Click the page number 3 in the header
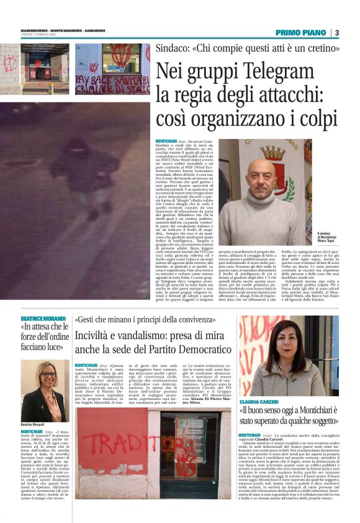[x=336, y=32]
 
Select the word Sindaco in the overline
[x=174, y=48]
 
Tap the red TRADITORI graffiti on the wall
[x=108, y=442]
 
